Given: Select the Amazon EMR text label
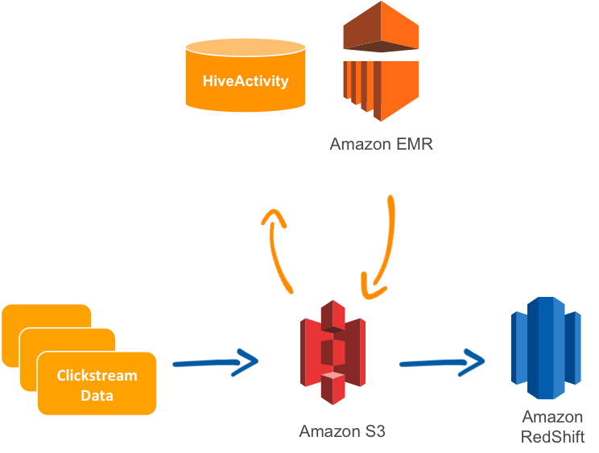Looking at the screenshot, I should (382, 145).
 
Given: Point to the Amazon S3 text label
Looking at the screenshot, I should (342, 431).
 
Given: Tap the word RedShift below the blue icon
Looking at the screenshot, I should (552, 437).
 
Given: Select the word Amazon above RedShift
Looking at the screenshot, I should (552, 417).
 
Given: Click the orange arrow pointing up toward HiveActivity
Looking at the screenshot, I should (279, 249).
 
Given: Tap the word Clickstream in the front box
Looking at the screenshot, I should (97, 376).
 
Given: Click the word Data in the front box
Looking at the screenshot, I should (97, 395).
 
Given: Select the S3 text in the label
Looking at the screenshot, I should (372, 431).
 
